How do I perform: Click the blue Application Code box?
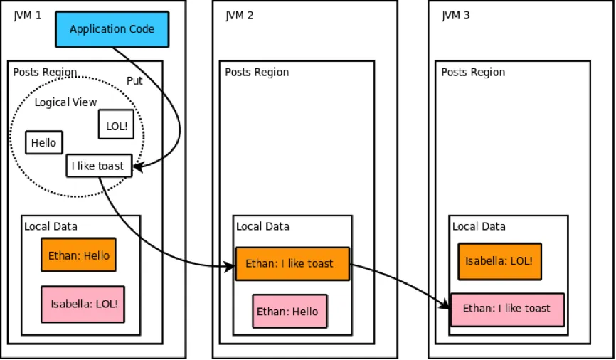[112, 29]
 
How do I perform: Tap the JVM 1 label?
[28, 15]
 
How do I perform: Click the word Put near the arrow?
[134, 80]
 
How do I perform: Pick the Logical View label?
[65, 102]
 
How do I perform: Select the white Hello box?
[43, 142]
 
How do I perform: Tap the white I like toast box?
[99, 166]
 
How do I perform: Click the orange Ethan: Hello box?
[78, 255]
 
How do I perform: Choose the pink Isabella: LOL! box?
[83, 304]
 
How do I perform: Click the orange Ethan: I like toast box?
[292, 263]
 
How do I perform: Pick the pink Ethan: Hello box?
[290, 312]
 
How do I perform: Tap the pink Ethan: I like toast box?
[506, 309]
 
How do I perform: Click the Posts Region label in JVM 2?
[257, 72]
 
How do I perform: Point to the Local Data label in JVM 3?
[479, 226]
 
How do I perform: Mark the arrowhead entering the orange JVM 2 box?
[230, 268]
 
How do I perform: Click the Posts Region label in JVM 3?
[473, 72]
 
